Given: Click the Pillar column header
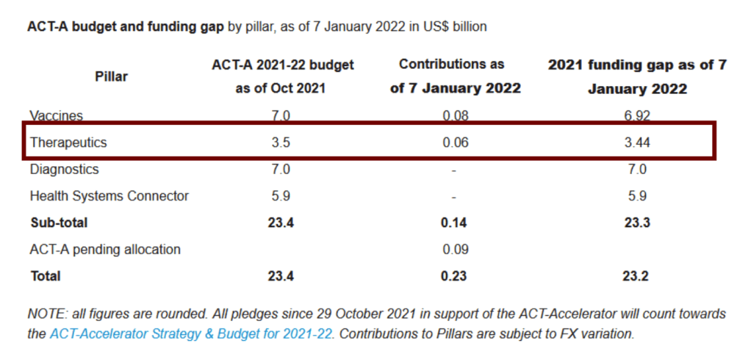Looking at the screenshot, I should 111,76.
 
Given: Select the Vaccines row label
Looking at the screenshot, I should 57,115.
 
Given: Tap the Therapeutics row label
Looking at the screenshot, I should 68,143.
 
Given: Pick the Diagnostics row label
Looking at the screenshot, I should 65,169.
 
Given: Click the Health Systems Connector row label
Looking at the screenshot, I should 109,196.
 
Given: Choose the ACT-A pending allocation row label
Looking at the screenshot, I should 105,249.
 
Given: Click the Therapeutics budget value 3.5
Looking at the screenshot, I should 281,143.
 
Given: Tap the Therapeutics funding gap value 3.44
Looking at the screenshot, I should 637,143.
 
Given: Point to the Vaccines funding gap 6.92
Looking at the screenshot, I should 637,115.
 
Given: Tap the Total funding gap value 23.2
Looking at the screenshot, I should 637,276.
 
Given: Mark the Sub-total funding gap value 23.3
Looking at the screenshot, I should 637,223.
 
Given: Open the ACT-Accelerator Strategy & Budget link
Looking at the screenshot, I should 191,334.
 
